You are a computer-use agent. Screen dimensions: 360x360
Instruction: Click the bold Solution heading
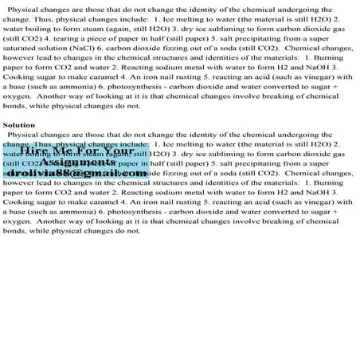coord(18,126)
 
